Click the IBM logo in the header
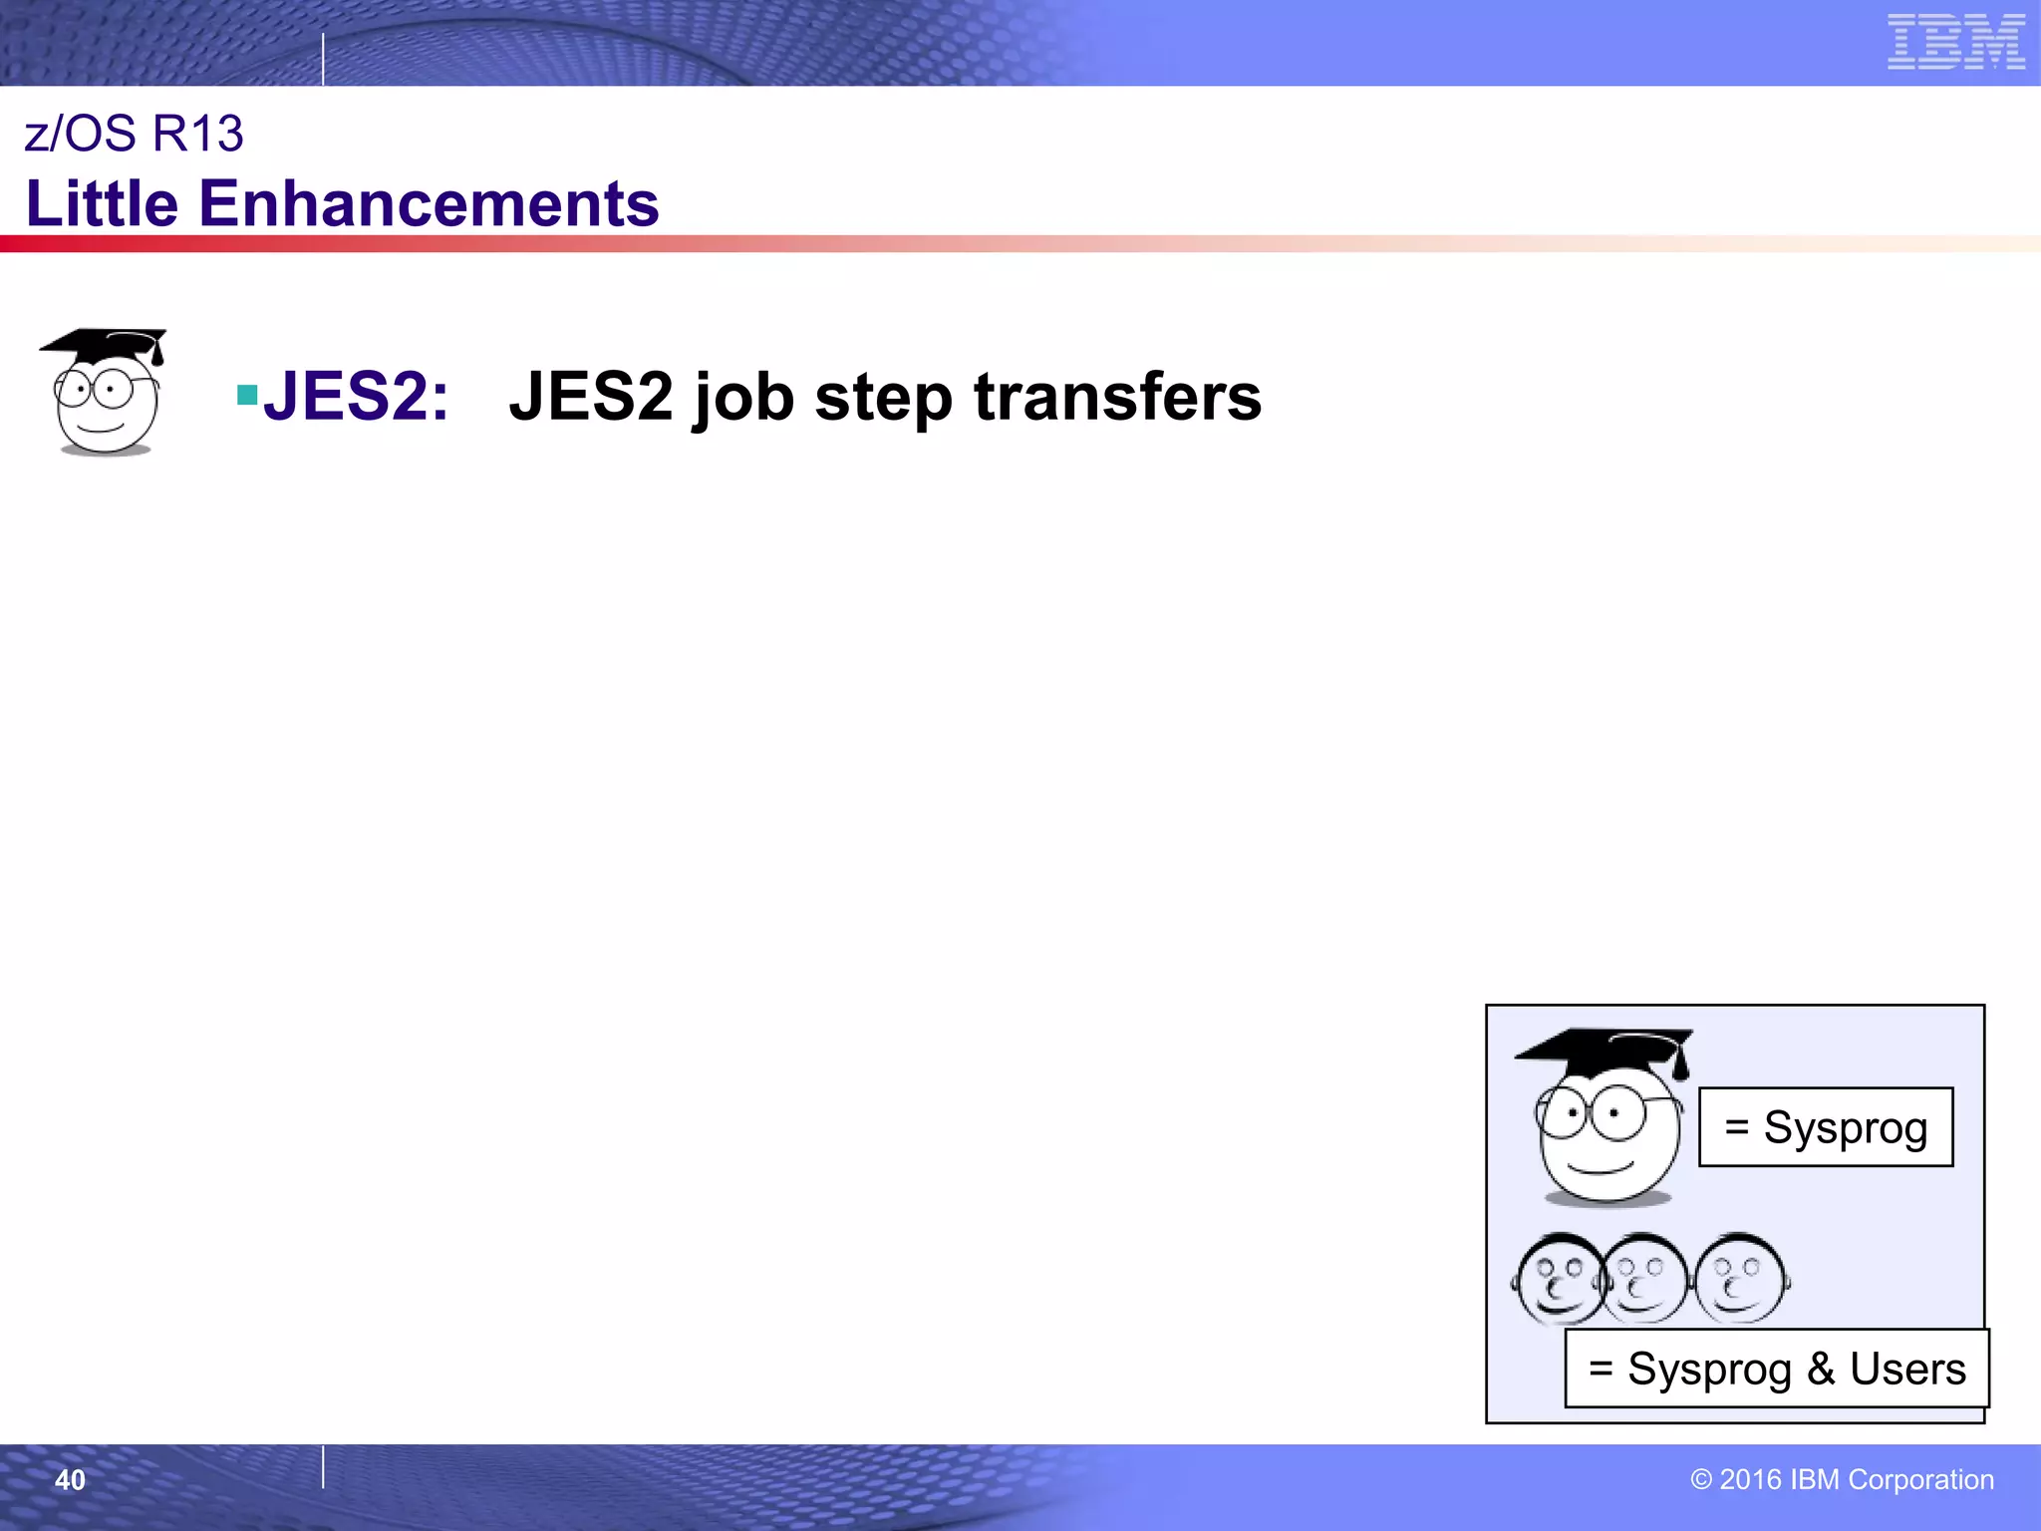tap(1955, 42)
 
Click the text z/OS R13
tap(134, 134)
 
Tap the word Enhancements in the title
tap(429, 204)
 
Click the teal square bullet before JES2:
tap(247, 396)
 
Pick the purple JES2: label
tap(355, 397)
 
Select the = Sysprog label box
tap(1826, 1127)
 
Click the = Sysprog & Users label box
tap(1776, 1369)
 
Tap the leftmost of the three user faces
tap(1559, 1279)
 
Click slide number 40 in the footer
tap(70, 1480)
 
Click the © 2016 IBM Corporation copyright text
tap(1842, 1479)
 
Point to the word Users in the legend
tap(1907, 1369)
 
